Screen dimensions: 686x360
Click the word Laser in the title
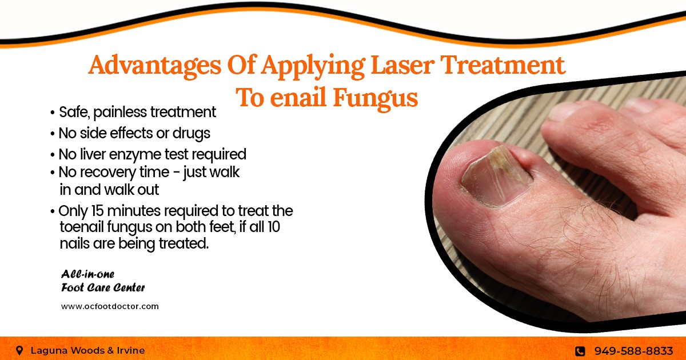coord(402,65)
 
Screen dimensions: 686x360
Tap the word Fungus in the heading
coord(376,98)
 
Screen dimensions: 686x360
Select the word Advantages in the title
coord(155,66)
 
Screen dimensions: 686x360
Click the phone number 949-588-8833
coord(633,350)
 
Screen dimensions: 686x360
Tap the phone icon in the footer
coord(580,351)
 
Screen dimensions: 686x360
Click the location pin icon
coord(19,350)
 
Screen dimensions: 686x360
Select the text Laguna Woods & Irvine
coord(87,350)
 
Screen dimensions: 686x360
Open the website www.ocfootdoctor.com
coord(110,306)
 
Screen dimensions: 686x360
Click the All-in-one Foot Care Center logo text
coord(103,281)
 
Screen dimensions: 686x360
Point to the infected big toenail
coord(496,178)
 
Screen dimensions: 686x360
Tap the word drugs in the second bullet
coord(192,134)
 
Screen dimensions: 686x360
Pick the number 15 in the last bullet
coord(98,211)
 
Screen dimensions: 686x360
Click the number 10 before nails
coord(273,227)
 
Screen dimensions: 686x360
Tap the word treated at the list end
coord(184,243)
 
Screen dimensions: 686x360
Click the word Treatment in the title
coord(503,65)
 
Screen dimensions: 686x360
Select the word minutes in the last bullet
coord(134,211)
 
